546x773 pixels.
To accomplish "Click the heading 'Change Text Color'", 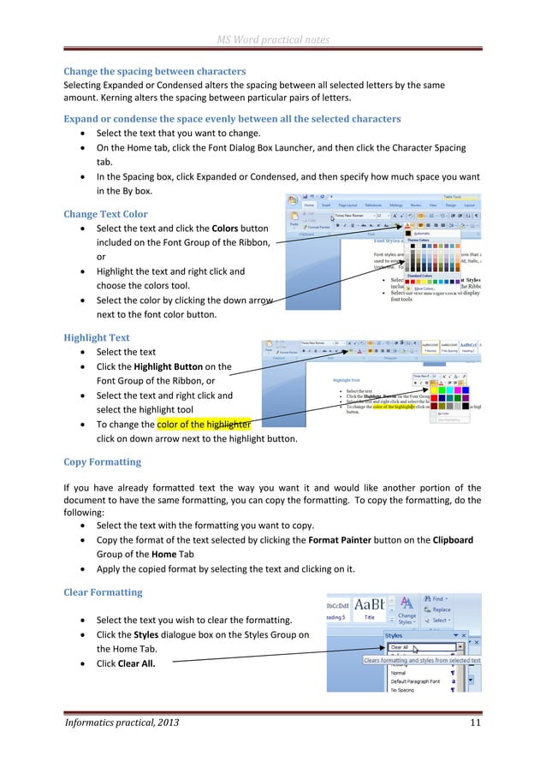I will pos(106,214).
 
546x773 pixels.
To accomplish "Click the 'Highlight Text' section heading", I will pos(97,338).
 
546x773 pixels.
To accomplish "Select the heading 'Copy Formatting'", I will pos(103,462).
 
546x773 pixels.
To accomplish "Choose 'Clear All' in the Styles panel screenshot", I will pos(400,648).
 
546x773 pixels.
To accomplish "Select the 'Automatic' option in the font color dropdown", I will pos(446,233).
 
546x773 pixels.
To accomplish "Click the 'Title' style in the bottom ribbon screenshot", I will pos(369,616).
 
